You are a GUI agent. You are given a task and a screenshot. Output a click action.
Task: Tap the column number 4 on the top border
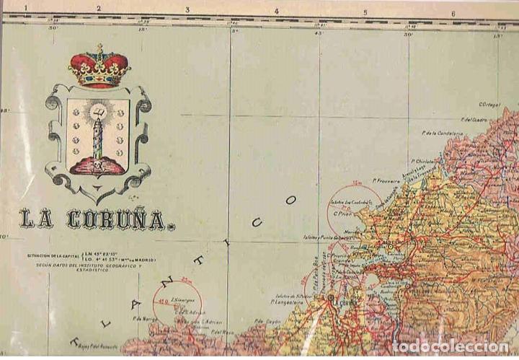[x=276, y=12]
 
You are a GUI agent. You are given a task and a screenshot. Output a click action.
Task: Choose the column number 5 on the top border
[x=365, y=12]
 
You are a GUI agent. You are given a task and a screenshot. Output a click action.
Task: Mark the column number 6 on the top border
[x=453, y=12]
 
